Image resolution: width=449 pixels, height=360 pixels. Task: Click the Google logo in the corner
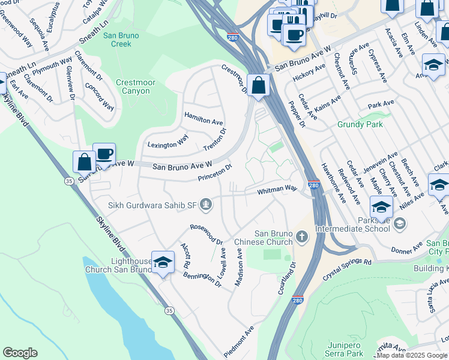tap(20, 353)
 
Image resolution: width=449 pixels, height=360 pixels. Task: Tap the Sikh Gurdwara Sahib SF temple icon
tap(206, 205)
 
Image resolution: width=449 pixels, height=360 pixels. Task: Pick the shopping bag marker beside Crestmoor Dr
tap(258, 85)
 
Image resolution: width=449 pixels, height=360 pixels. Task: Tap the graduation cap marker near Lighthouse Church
tap(162, 262)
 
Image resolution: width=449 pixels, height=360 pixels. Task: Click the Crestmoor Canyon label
tap(132, 87)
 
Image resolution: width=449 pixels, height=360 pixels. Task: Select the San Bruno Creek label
tap(121, 40)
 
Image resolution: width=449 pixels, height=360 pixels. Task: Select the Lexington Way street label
tap(168, 142)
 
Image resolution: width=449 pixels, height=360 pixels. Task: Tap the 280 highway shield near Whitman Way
tap(313, 187)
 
